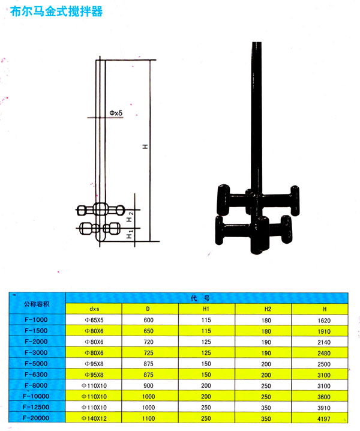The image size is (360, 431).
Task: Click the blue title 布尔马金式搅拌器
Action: pos(56,11)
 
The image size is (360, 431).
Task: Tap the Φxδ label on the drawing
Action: pos(116,113)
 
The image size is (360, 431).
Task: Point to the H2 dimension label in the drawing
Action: pos(130,216)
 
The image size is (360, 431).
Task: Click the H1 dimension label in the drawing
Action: pos(130,234)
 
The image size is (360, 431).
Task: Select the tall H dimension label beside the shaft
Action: pos(145,146)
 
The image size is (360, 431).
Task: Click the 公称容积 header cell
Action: pos(37,304)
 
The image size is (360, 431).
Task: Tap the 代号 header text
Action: pos(200,298)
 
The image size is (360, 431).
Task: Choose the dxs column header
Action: pos(94,309)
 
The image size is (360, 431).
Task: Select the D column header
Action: pos(148,309)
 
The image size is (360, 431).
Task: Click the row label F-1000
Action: pos(36,320)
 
